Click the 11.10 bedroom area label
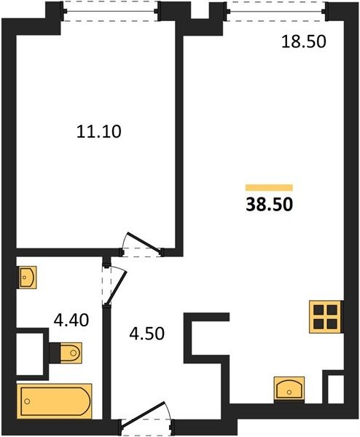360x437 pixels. click(x=98, y=132)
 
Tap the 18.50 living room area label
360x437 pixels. click(x=304, y=42)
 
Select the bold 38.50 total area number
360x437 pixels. click(x=270, y=204)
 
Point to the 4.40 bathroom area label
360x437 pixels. click(x=71, y=320)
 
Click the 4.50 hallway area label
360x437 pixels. click(x=147, y=334)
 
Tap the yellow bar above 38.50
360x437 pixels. click(x=269, y=188)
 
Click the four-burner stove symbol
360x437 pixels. click(x=325, y=317)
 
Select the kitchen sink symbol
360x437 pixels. click(x=289, y=389)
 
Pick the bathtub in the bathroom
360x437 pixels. click(x=55, y=401)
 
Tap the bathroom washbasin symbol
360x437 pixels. click(x=28, y=277)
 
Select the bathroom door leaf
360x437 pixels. click(x=117, y=288)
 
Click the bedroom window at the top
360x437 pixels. click(x=111, y=11)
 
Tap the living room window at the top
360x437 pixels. click(x=275, y=12)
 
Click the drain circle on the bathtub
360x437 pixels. click(x=27, y=401)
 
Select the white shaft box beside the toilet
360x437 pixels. click(x=30, y=354)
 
